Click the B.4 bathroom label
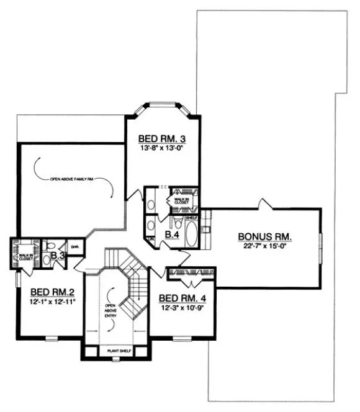[172, 235]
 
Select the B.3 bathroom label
[58, 255]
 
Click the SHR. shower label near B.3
[74, 246]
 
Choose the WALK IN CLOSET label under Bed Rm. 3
[182, 201]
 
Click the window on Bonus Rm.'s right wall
[321, 248]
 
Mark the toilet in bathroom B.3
[52, 246]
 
